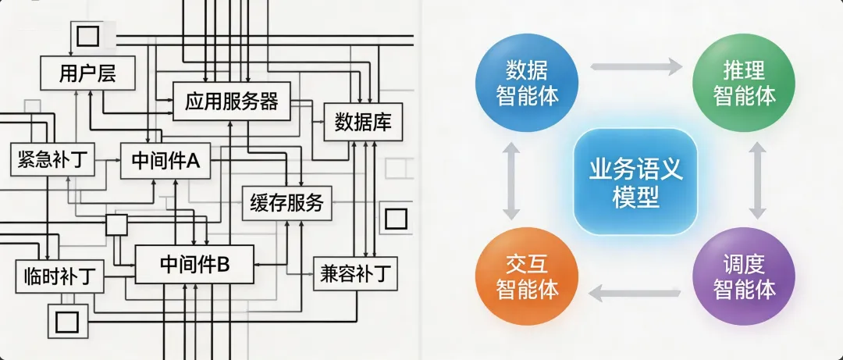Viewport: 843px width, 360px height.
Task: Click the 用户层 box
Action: (x=87, y=73)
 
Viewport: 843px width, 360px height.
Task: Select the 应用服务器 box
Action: (x=231, y=101)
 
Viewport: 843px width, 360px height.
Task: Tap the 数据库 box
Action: (x=362, y=123)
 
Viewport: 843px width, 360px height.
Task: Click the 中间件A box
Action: (x=165, y=161)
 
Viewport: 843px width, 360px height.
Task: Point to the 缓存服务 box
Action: (x=286, y=204)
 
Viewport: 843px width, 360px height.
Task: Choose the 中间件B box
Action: (x=194, y=264)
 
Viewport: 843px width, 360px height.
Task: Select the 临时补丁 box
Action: (x=59, y=275)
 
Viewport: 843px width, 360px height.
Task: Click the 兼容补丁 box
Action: (x=355, y=273)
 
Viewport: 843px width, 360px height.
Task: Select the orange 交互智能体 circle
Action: (x=527, y=276)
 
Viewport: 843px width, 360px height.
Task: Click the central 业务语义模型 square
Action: (x=636, y=182)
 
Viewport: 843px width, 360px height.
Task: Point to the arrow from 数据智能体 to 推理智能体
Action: (x=635, y=67)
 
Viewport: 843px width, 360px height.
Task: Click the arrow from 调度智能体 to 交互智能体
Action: (x=635, y=292)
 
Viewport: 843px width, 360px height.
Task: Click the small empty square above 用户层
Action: (x=87, y=36)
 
